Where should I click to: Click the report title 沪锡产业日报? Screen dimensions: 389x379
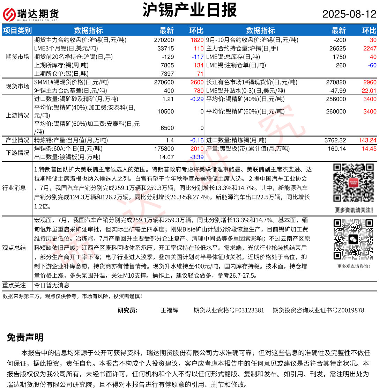[x=189, y=10]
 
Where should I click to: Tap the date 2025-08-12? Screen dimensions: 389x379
[x=349, y=14]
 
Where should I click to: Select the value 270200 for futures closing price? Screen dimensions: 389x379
[x=164, y=40]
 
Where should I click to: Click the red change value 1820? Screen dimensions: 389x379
[x=197, y=40]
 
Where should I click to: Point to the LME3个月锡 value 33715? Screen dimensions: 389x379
[x=165, y=49]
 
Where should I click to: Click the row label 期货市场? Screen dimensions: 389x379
[x=17, y=57]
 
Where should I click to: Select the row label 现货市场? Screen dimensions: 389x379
[x=17, y=86]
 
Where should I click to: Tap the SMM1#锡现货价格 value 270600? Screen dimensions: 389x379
[x=164, y=82]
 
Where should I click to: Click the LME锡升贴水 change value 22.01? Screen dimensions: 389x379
[x=369, y=91]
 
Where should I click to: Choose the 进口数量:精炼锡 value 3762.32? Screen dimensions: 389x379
[x=335, y=140]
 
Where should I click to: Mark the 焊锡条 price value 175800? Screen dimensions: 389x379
[x=164, y=149]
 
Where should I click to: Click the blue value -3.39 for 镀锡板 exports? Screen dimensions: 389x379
[x=197, y=157]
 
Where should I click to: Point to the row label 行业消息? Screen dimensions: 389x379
[x=14, y=188]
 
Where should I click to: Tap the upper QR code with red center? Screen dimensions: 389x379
[x=354, y=184]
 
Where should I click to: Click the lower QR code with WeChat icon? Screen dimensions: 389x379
[x=354, y=240]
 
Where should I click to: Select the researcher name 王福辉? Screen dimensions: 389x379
[x=170, y=310]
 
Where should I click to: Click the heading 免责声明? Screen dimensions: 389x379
[x=25, y=337]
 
